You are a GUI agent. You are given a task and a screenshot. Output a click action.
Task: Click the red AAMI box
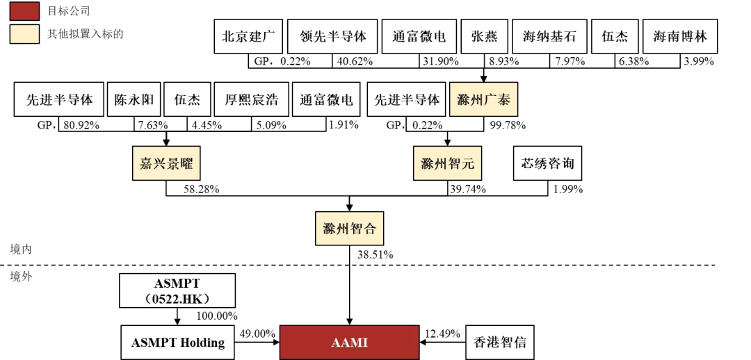[350, 342]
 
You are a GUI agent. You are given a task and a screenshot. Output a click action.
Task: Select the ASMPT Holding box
[178, 342]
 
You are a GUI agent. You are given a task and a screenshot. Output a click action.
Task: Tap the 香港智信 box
[500, 342]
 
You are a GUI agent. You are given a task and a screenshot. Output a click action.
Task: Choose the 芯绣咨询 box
[547, 164]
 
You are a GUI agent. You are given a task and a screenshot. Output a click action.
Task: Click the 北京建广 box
[248, 37]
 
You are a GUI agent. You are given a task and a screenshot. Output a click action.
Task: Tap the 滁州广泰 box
[483, 99]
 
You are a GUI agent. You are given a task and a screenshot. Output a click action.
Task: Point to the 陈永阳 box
[134, 99]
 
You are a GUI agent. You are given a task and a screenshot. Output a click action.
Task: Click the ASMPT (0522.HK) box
[177, 291]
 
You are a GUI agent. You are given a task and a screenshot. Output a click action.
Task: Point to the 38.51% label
[375, 254]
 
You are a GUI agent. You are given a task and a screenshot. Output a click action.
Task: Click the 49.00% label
[257, 334]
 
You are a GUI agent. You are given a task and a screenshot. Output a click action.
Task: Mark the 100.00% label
[217, 316]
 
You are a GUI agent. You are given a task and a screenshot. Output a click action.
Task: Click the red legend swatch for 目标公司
[24, 11]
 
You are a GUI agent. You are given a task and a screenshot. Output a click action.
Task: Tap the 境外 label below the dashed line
[21, 276]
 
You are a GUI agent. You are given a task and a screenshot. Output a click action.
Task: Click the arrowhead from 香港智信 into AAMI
[424, 342]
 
